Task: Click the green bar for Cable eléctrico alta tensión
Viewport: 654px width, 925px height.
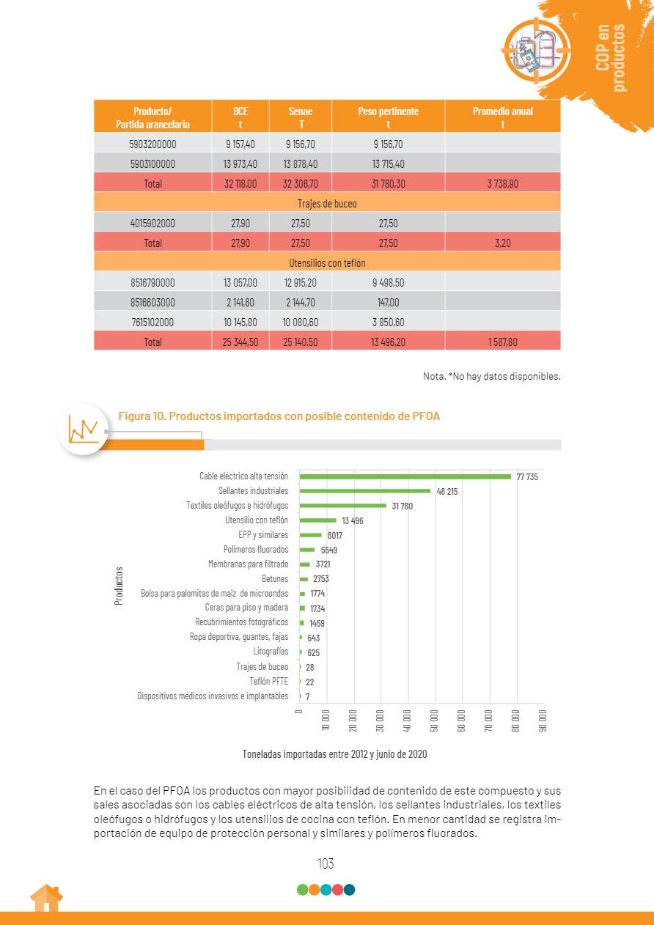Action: (x=405, y=476)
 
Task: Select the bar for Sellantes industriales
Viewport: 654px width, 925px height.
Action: (x=364, y=491)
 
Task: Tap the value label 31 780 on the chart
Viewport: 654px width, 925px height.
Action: (x=403, y=506)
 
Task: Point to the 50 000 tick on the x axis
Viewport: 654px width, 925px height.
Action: (x=436, y=720)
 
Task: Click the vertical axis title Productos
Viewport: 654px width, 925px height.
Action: (x=118, y=586)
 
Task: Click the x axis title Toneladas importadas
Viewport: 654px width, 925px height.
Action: (x=334, y=753)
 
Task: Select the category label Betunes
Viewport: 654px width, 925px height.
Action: (x=275, y=579)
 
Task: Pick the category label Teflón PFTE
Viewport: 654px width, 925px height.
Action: (x=268, y=681)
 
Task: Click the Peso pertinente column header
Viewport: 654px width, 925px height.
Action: (x=388, y=117)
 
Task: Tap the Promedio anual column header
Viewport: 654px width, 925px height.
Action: (x=502, y=117)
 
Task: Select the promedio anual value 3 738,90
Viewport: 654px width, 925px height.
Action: (x=502, y=184)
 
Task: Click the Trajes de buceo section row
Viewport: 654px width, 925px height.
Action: (x=327, y=203)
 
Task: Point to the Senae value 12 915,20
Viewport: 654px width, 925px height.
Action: (x=301, y=282)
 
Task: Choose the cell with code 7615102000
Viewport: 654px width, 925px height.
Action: (x=153, y=322)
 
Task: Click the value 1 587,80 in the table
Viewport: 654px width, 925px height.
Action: (x=502, y=342)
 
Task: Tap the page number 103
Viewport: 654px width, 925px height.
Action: (x=326, y=864)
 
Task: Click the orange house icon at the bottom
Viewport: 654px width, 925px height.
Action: (x=45, y=898)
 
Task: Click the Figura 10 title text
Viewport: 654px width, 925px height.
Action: (x=279, y=416)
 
